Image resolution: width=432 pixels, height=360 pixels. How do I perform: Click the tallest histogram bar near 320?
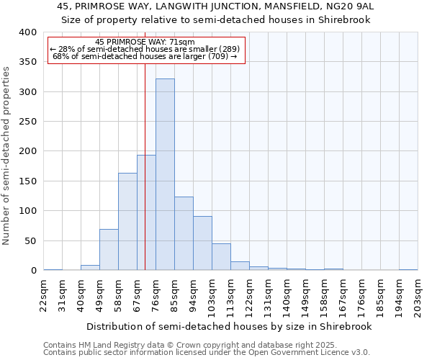point(165,174)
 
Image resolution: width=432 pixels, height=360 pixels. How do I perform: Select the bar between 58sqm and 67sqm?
point(127,222)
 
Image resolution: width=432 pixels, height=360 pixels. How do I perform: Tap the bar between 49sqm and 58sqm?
point(109,249)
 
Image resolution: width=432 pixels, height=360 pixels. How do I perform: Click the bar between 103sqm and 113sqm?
point(221,256)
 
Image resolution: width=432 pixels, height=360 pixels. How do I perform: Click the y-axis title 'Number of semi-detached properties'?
point(7,155)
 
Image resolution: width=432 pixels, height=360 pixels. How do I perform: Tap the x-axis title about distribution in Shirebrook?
point(228,327)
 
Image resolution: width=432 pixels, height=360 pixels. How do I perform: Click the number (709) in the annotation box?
point(217,56)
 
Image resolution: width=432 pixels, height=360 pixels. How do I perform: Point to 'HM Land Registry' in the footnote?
point(106,345)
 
